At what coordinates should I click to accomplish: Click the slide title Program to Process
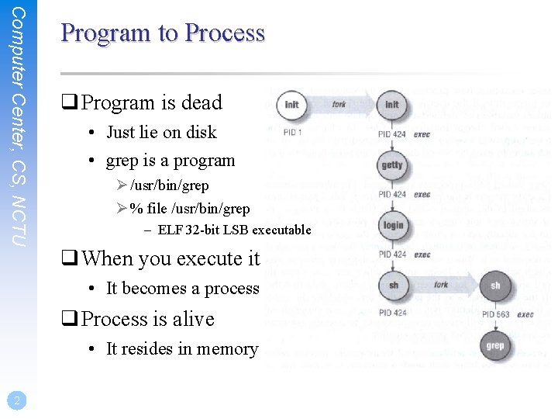163,33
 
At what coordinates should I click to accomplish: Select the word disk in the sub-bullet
201,133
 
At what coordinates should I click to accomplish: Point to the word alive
194,320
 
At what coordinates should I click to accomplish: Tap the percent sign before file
136,209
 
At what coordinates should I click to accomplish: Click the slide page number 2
15,400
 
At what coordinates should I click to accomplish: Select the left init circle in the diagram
291,105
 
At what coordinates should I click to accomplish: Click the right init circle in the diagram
392,105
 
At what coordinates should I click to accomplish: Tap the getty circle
392,164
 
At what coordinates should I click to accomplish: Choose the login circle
393,225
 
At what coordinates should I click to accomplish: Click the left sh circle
393,285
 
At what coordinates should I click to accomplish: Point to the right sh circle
495,285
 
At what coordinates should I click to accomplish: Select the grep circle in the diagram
495,345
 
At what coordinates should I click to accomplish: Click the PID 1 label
292,133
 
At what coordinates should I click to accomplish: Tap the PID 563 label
496,314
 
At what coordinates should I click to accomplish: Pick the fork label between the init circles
339,104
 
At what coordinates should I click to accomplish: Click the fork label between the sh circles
442,285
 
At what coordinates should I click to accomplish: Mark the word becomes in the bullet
159,289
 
